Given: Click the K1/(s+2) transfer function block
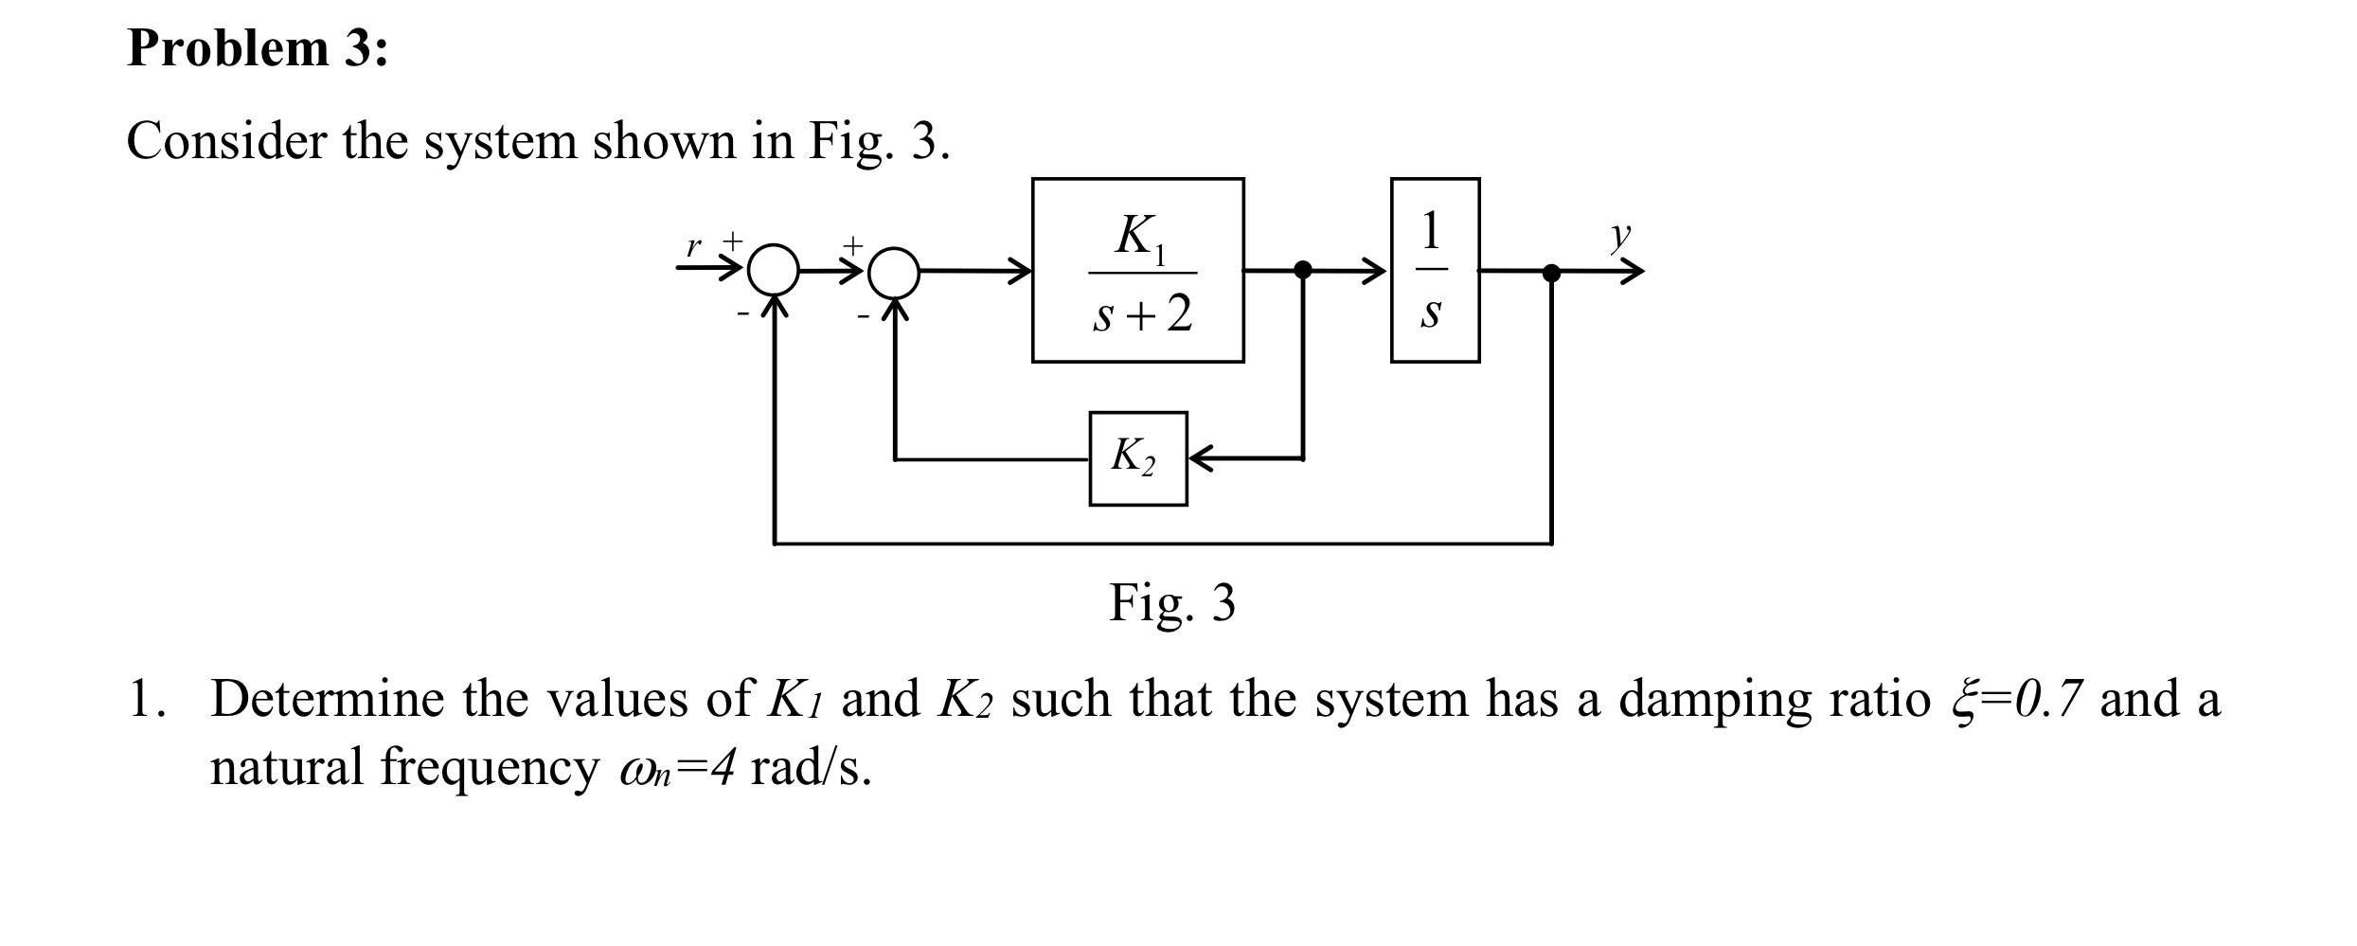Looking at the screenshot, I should pyautogui.click(x=1137, y=270).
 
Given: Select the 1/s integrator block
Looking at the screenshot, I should pyautogui.click(x=1435, y=270).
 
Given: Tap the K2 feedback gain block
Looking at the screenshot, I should pyautogui.click(x=1137, y=458).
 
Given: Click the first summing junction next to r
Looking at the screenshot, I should pyautogui.click(x=775, y=271).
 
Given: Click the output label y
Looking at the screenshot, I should pyautogui.click(x=1621, y=235).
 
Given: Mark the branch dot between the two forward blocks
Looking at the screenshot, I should pyautogui.click(x=1303, y=270).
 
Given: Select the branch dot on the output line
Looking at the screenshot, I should pyautogui.click(x=1551, y=273).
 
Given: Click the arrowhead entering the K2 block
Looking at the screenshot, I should pyautogui.click(x=1199, y=458).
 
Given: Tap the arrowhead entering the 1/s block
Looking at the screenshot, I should pyautogui.click(x=1377, y=271).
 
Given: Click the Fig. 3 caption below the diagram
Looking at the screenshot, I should pyautogui.click(x=1172, y=602).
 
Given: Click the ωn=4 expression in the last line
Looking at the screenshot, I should pyautogui.click(x=676, y=769).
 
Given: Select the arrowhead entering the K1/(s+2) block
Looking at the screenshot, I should pyautogui.click(x=1020, y=271).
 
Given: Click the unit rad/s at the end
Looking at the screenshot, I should pyautogui.click(x=811, y=769).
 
